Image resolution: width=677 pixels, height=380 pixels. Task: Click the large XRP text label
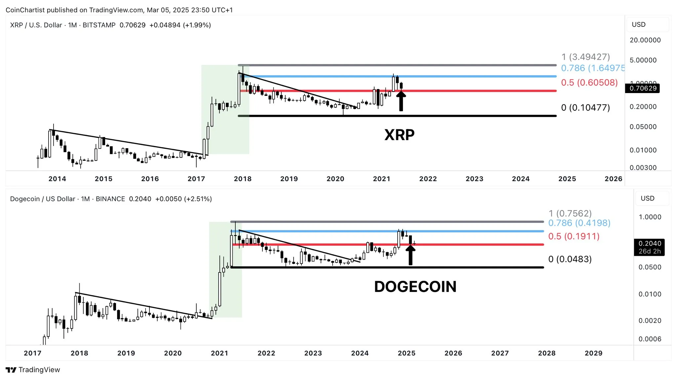click(399, 135)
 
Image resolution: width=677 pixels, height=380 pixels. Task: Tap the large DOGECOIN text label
click(415, 287)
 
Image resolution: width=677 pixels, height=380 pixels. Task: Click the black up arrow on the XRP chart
click(401, 101)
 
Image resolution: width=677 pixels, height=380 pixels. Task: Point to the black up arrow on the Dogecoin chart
click(410, 255)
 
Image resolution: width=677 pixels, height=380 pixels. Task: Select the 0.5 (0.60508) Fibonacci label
click(589, 83)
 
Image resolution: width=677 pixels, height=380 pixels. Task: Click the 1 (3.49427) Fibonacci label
click(585, 57)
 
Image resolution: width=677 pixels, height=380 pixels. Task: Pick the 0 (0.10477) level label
click(585, 108)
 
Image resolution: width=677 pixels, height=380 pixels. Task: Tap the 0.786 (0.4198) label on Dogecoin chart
click(579, 223)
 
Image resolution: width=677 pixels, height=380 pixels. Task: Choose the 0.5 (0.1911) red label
click(574, 236)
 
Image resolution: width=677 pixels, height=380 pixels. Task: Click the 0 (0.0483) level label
click(570, 259)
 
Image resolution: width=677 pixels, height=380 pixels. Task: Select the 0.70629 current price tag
click(642, 88)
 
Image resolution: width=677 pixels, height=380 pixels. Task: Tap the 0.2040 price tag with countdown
click(649, 247)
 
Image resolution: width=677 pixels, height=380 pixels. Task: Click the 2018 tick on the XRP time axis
click(243, 179)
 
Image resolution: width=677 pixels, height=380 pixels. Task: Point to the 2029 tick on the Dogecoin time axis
click(593, 353)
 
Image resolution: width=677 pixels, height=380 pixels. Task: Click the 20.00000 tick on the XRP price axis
click(645, 40)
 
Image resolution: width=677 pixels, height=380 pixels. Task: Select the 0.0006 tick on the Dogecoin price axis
click(650, 339)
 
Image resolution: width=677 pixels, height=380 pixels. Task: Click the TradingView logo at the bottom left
click(33, 370)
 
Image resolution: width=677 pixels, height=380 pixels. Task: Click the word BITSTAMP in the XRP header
click(99, 25)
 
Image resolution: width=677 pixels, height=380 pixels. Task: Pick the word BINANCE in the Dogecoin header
click(110, 199)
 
